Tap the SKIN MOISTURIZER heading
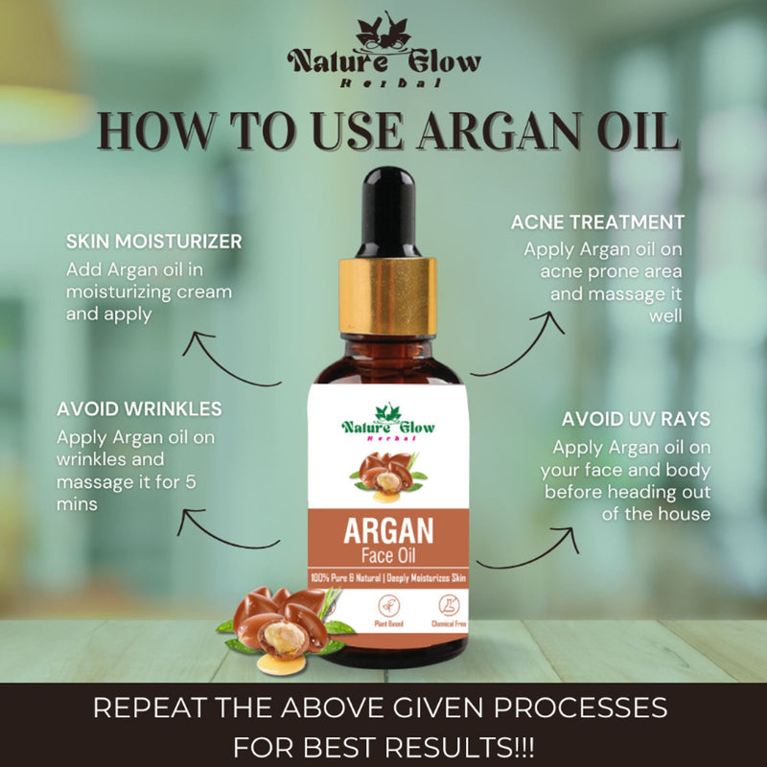153,240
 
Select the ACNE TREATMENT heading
597,222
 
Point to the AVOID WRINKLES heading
139,409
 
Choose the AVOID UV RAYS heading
636,419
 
